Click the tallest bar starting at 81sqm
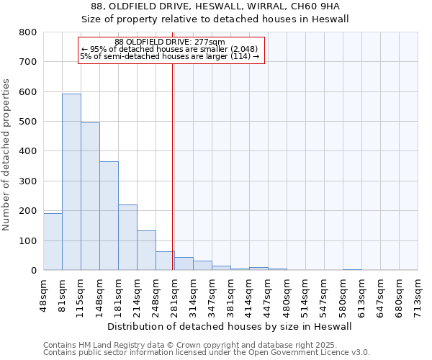pyautogui.click(x=71, y=181)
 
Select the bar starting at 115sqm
pyautogui.click(x=90, y=196)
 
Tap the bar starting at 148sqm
pyautogui.click(x=109, y=215)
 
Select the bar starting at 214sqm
pyautogui.click(x=146, y=250)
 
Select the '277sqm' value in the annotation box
pyautogui.click(x=210, y=42)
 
